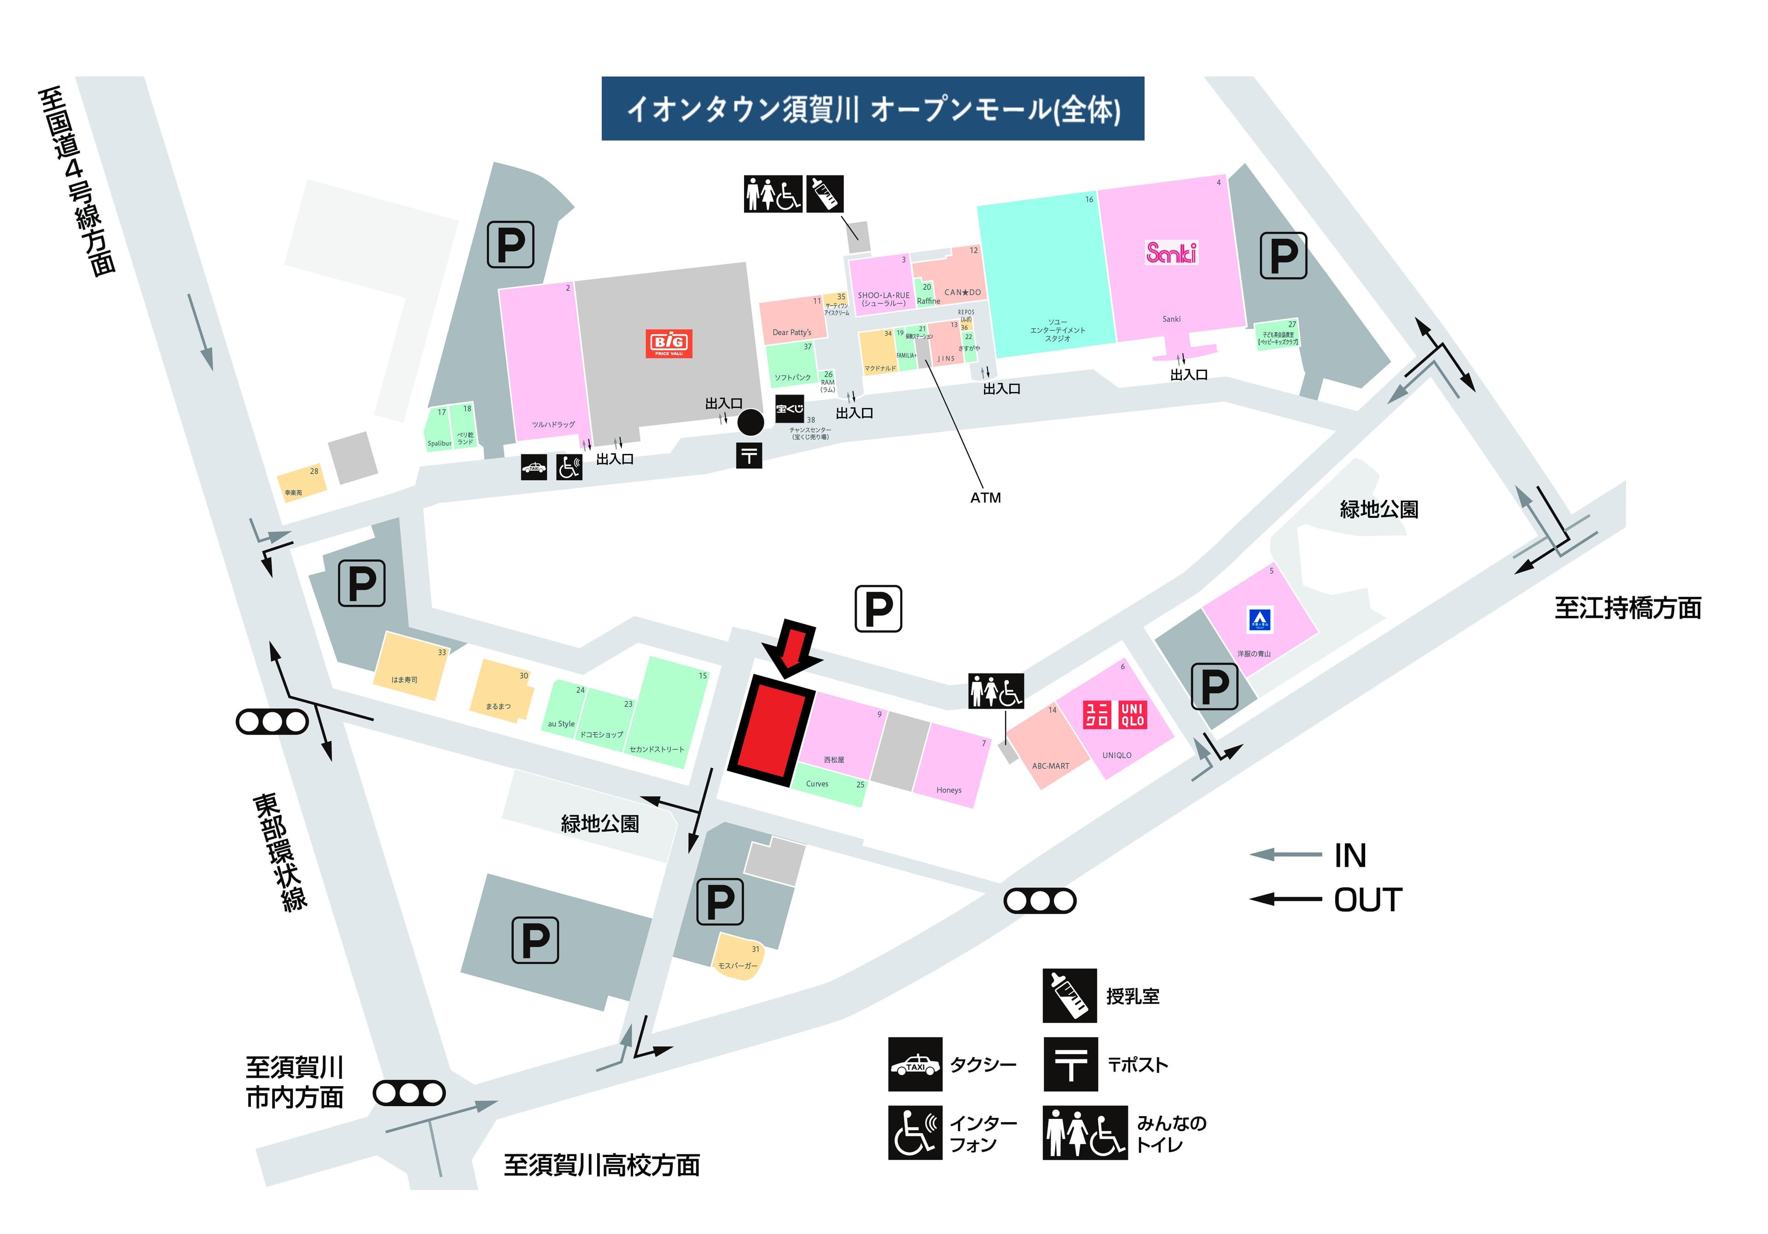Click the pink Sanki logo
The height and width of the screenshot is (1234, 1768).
point(1171,253)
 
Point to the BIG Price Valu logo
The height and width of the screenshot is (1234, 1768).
point(669,343)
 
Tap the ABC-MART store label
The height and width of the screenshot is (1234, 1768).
point(1050,766)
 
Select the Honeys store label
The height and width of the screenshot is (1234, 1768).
point(948,790)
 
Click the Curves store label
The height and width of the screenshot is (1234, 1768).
point(817,784)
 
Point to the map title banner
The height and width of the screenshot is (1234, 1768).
point(872,109)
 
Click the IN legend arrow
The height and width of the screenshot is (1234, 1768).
point(1285,854)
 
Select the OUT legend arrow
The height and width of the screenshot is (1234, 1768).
point(1285,898)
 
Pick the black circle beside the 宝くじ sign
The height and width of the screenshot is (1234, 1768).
point(751,422)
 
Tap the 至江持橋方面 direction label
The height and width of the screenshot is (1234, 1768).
point(1627,608)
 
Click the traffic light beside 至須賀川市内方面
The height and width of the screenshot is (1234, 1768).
point(409,1093)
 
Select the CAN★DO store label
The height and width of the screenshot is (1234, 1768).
point(963,293)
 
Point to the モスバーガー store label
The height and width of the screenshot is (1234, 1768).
point(737,965)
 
